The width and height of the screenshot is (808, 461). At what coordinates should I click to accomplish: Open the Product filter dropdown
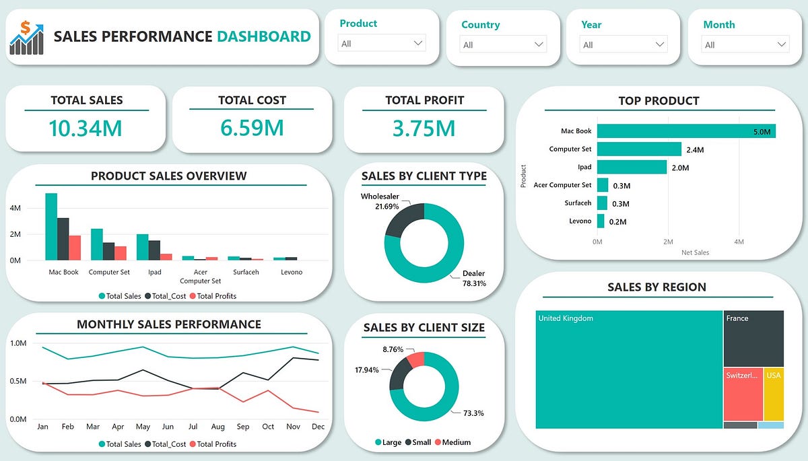tap(382, 44)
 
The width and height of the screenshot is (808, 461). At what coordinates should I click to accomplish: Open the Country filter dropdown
tap(503, 44)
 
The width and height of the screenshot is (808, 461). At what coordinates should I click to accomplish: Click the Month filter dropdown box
tap(745, 45)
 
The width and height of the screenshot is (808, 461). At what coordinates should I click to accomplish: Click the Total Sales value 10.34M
tap(86, 127)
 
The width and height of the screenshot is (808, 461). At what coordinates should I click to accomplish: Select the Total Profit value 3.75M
tap(424, 127)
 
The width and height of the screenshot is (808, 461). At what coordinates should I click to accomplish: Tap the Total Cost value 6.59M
tap(252, 127)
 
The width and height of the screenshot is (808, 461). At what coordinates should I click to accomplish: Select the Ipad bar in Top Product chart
tap(631, 167)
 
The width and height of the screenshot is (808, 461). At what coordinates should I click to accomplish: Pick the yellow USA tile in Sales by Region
tap(774, 394)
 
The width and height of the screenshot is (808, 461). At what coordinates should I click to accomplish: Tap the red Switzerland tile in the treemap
tap(743, 394)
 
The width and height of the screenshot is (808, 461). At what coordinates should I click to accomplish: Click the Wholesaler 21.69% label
tap(380, 201)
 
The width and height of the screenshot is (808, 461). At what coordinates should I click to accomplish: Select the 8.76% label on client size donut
tap(394, 350)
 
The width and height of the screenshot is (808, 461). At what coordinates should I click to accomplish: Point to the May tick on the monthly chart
tap(142, 427)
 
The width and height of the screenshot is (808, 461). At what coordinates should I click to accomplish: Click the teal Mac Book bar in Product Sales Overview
tap(51, 226)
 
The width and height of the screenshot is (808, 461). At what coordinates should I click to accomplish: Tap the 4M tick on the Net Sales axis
tap(738, 242)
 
